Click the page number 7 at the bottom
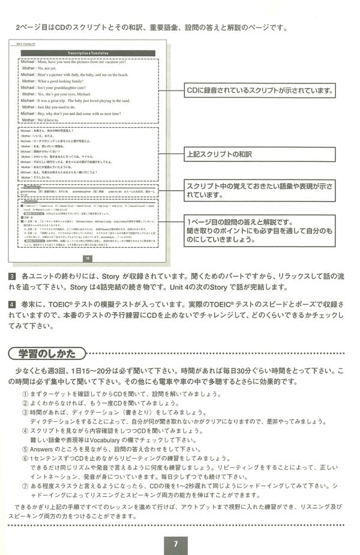click(176, 544)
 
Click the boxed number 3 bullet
click(13, 277)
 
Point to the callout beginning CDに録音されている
click(259, 91)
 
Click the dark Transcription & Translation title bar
click(88, 52)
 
